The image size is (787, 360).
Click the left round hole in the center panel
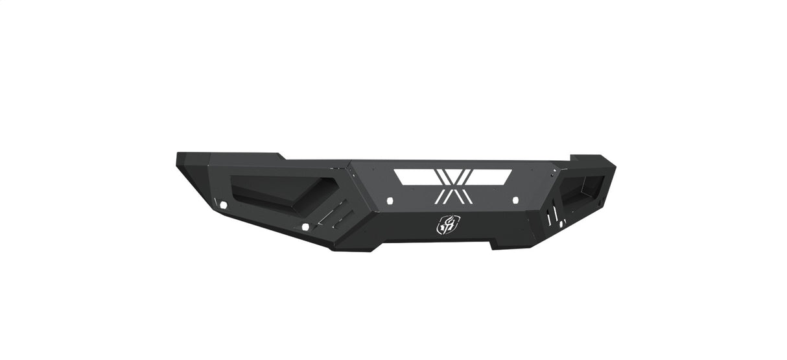[390, 200]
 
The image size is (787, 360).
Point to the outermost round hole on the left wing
[223, 205]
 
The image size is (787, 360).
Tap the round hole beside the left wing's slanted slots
[305, 227]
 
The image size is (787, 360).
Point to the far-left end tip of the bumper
[178, 160]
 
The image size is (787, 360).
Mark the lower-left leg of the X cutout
[441, 194]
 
